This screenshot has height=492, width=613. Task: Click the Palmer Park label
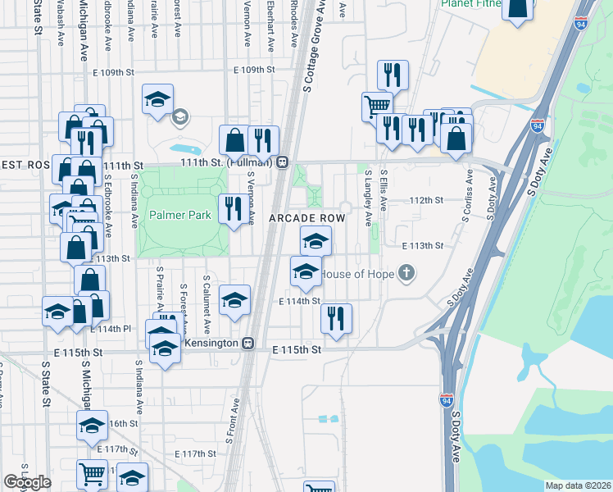coord(180,216)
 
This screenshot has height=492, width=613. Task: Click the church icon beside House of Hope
coord(406,273)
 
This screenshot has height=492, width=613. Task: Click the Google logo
coord(28,482)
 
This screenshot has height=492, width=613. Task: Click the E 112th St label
coord(426,200)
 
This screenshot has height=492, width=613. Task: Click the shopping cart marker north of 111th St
coord(377,106)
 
